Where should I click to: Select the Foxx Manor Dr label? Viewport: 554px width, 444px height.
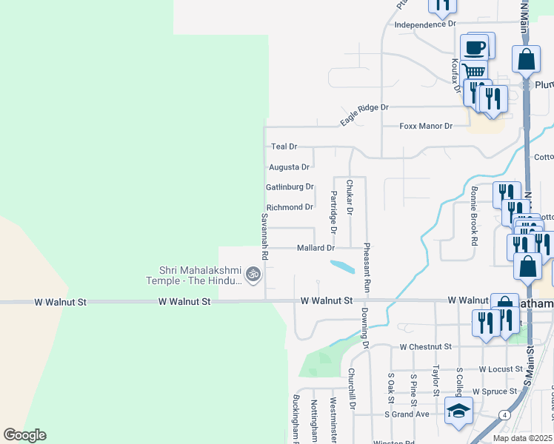pos(426,127)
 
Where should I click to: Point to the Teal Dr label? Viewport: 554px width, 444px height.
pos(284,147)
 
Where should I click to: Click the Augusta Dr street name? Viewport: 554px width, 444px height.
pos(289,167)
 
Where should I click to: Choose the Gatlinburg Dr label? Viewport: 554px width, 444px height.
pos(290,187)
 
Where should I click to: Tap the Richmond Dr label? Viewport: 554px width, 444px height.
pos(290,207)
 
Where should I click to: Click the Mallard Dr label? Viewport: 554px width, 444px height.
pos(316,248)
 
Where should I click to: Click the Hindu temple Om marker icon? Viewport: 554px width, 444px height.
pos(253,275)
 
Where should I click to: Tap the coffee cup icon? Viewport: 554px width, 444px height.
pos(475,49)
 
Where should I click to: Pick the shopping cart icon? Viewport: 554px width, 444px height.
pos(473,71)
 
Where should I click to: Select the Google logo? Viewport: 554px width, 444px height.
pos(24,435)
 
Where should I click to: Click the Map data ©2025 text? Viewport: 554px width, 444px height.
pos(522,438)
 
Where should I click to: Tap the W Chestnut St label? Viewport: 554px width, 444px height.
pos(425,346)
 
